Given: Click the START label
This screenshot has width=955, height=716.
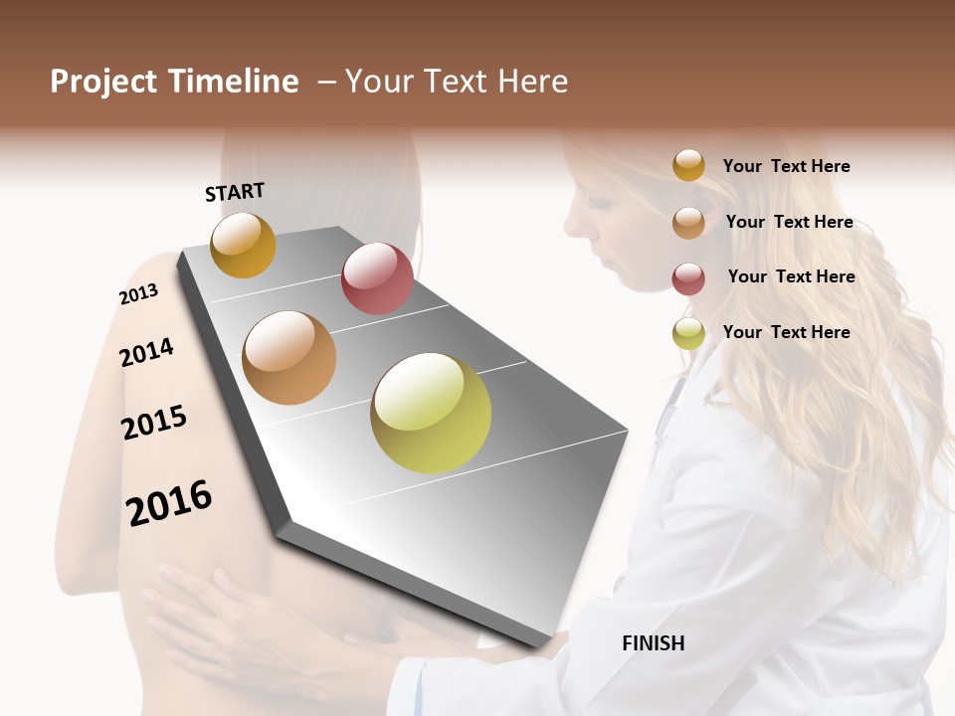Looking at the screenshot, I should click(235, 192).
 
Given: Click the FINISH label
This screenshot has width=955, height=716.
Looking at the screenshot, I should click(654, 643).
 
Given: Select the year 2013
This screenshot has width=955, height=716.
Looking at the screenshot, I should click(138, 294).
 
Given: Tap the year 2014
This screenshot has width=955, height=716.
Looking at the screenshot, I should click(146, 352).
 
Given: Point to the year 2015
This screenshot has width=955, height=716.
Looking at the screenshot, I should click(154, 423).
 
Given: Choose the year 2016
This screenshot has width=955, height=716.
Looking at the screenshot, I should click(169, 503).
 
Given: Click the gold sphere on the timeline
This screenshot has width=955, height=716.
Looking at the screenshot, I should click(243, 246).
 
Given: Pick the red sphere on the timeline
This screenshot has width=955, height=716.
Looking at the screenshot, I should click(377, 278).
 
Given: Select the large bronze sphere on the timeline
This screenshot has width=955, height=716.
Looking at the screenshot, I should click(289, 358).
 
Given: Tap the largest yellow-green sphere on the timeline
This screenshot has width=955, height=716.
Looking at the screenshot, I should click(431, 413).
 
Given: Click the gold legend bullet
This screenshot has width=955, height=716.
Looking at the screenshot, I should click(688, 165).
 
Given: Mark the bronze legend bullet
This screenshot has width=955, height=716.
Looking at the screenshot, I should click(688, 223).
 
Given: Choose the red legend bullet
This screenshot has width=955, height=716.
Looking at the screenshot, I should click(688, 278).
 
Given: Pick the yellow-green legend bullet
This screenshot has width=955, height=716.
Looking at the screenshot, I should click(688, 333).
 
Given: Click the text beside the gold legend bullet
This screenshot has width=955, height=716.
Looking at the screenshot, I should click(786, 166).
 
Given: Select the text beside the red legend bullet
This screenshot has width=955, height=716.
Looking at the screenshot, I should click(791, 276).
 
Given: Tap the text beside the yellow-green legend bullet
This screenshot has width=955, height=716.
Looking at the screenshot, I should click(786, 332).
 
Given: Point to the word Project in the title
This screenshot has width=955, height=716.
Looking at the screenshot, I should click(103, 82).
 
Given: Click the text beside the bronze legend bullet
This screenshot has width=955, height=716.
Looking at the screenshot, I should click(789, 222).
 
